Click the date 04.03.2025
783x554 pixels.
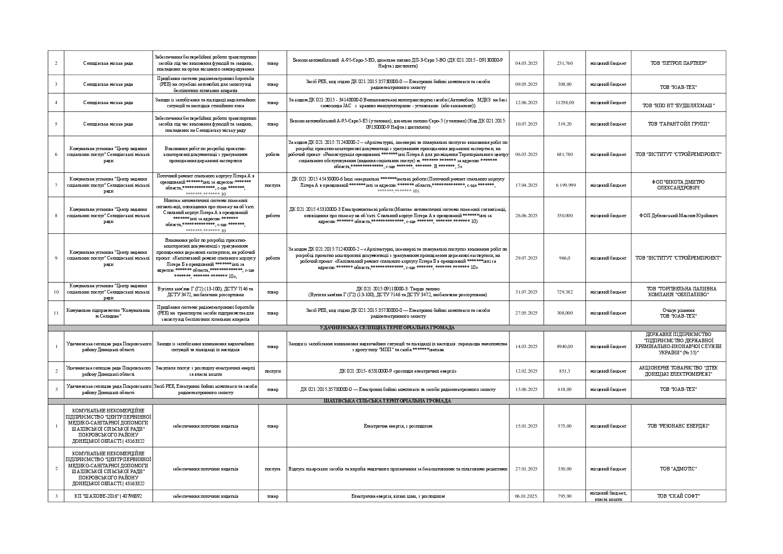[x=526, y=63]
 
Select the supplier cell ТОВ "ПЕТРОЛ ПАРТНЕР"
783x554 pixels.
[x=678, y=63]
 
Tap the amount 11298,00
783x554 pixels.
[x=565, y=103]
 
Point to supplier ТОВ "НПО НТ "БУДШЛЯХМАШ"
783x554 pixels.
[x=678, y=106]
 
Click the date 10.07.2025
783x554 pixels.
[x=526, y=124]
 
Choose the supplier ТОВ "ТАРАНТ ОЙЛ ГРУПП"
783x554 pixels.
[x=678, y=124]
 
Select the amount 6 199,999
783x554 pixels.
[x=565, y=185]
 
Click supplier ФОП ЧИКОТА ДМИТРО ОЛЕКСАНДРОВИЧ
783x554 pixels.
[x=678, y=185]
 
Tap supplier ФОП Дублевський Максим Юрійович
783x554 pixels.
[x=678, y=216]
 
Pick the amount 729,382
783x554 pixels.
[x=565, y=292]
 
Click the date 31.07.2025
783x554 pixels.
[x=526, y=292]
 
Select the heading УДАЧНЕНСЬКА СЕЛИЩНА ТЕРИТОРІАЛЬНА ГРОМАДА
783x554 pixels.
[x=387, y=328]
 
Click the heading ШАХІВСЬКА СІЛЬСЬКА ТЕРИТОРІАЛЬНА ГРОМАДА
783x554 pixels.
[x=387, y=401]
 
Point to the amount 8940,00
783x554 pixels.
[x=565, y=347]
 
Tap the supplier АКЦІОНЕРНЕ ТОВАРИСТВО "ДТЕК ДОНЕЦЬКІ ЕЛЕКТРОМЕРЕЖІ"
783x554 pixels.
[x=678, y=371]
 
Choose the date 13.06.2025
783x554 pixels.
[x=526, y=390]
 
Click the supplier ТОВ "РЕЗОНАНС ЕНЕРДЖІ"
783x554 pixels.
[x=678, y=426]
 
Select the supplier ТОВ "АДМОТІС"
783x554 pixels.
[x=678, y=469]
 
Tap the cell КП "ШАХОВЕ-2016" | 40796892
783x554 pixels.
[x=108, y=496]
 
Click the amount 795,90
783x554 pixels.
[x=565, y=496]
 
